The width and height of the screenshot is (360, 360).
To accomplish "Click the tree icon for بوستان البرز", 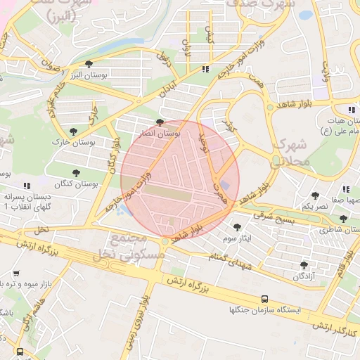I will click(x=88, y=65).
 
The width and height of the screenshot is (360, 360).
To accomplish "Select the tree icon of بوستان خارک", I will click(x=73, y=131).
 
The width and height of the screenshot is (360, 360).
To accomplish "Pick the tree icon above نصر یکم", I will click(x=314, y=196).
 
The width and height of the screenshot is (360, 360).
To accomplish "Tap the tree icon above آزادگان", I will click(x=304, y=264).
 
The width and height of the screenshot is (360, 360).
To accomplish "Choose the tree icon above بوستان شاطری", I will click(x=343, y=219).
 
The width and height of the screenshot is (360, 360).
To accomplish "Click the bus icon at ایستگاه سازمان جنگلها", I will click(x=264, y=298).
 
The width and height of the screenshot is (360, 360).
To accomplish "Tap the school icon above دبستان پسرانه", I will click(x=27, y=186).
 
